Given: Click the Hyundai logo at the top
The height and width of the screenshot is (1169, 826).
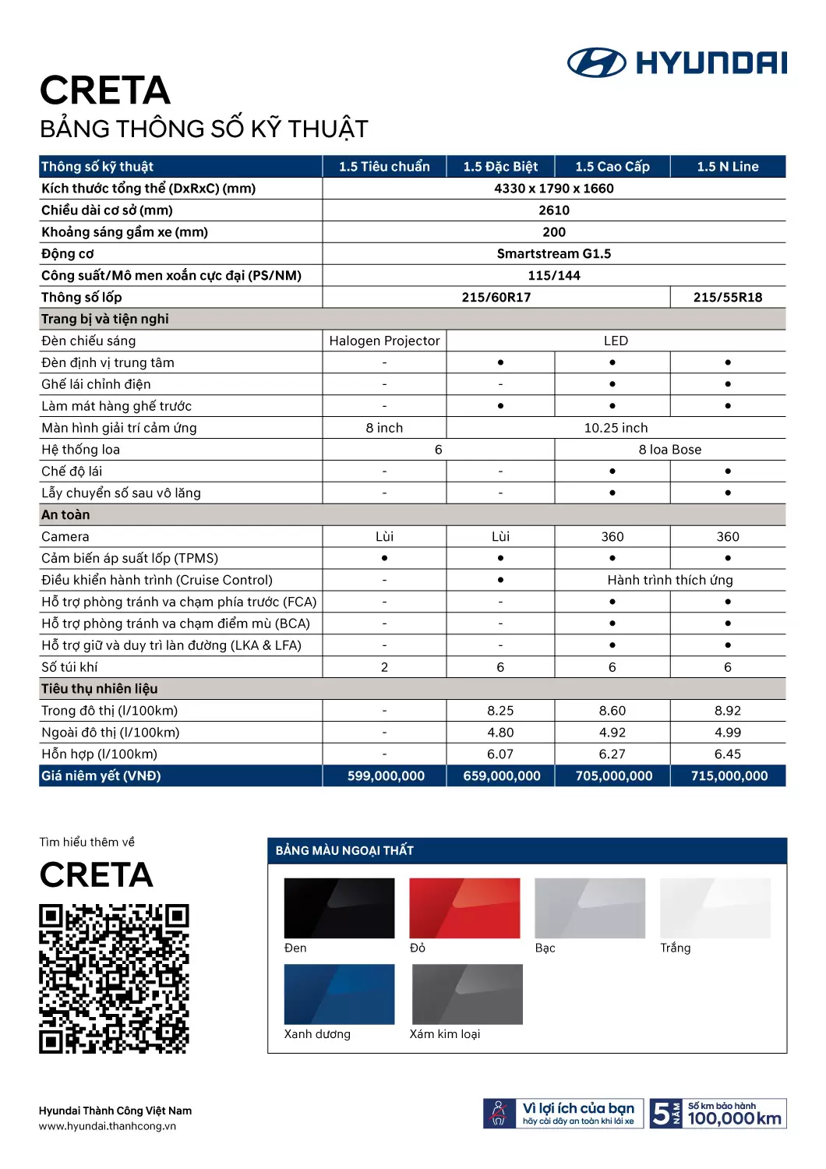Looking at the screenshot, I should click(676, 62).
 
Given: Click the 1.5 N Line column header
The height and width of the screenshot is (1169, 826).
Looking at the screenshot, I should click(728, 167).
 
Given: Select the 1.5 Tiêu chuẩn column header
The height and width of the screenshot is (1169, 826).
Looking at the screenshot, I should click(384, 167).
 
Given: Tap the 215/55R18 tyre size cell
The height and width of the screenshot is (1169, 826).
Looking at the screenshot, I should click(728, 298).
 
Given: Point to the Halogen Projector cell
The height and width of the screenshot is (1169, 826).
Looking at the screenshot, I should click(384, 341).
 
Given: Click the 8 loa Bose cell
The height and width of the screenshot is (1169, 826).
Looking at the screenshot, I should click(670, 450).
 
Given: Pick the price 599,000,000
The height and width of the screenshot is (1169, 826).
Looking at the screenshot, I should click(386, 776).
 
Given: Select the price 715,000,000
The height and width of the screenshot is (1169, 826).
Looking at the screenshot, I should click(729, 776).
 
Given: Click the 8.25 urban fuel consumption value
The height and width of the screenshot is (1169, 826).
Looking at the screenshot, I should click(500, 711).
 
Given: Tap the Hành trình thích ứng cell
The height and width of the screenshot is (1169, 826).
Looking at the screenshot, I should click(670, 580).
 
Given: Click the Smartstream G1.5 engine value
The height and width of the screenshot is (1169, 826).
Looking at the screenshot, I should click(554, 254).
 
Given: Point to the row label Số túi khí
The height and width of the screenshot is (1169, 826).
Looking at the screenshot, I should click(70, 667).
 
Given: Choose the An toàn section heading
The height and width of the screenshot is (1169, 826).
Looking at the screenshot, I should click(65, 515).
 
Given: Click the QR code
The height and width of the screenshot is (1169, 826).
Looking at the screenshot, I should click(114, 979).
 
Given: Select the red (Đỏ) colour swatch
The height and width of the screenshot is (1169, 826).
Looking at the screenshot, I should click(464, 908).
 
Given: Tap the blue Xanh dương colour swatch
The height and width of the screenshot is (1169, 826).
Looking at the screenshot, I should click(339, 994).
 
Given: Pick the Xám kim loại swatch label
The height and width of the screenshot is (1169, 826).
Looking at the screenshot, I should click(445, 1034).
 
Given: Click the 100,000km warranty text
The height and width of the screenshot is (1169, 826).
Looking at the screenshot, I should click(734, 1119).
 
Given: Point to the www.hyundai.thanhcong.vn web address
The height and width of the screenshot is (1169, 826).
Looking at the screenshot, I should click(108, 1126).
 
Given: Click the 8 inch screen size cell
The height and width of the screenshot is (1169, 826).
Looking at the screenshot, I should click(384, 428).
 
